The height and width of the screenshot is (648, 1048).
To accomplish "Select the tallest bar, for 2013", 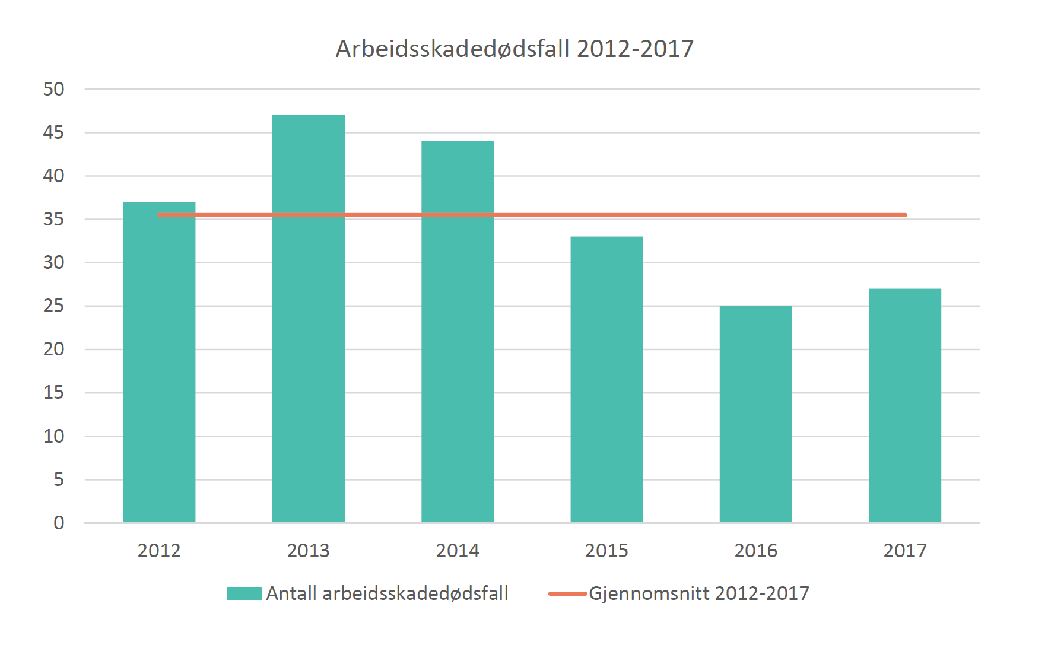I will (308, 320).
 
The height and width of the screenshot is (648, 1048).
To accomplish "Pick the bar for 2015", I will (606, 380).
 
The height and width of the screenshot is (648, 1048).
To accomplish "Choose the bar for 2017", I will (904, 406).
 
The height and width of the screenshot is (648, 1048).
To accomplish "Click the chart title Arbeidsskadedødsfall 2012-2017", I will (515, 49).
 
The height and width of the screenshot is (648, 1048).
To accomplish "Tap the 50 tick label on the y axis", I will (53, 89).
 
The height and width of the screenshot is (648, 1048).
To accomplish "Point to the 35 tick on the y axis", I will (53, 219).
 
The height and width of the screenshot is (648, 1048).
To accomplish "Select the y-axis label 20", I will (53, 349).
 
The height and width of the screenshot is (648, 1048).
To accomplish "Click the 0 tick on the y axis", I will (59, 523).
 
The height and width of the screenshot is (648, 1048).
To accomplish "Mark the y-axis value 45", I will (53, 132).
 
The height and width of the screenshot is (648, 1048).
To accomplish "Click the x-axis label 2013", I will (308, 551).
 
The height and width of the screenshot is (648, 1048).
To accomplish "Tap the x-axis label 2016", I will (755, 551).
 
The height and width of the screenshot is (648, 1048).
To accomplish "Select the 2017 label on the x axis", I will (904, 551).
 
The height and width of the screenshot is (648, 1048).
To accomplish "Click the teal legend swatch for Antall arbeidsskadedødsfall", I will (244, 593).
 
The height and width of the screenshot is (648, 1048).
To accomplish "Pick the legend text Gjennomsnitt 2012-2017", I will (698, 593).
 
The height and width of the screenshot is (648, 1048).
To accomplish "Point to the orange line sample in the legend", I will (567, 593).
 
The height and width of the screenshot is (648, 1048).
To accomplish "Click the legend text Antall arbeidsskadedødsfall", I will (387, 593).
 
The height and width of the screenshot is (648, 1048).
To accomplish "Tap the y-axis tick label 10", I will (53, 436).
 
